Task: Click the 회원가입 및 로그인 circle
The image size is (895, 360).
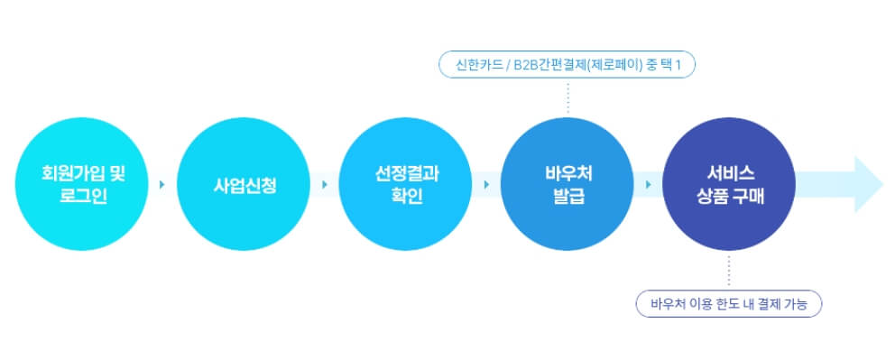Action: click(x=82, y=184)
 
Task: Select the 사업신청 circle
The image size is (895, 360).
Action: click(x=244, y=184)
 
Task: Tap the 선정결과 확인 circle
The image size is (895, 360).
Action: click(x=405, y=184)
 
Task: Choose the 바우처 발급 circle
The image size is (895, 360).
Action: click(x=567, y=184)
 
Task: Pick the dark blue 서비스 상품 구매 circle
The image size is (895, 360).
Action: click(x=729, y=184)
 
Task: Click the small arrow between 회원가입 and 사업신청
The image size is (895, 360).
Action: click(x=162, y=185)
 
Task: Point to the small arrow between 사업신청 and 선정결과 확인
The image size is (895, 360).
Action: click(x=324, y=185)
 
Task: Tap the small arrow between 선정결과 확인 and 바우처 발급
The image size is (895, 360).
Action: click(x=486, y=185)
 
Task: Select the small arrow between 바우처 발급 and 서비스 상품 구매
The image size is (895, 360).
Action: click(x=648, y=185)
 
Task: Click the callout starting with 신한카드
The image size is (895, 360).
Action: click(x=567, y=65)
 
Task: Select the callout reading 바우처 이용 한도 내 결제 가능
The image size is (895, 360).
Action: click(x=729, y=304)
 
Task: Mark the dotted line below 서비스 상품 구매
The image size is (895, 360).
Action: click(x=729, y=272)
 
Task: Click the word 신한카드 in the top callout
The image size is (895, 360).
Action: click(x=478, y=65)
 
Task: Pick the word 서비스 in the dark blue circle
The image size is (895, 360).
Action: click(x=730, y=172)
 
